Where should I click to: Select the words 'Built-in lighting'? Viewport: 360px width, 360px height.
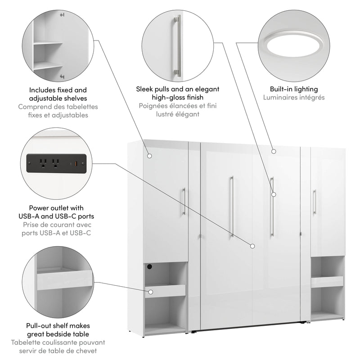click(x=293, y=89)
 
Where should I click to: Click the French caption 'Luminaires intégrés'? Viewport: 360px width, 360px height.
click(x=293, y=97)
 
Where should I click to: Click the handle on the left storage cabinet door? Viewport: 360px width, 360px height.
click(x=184, y=201)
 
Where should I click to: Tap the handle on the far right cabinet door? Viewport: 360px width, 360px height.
click(x=314, y=202)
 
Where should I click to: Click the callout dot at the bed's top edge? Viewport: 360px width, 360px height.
click(x=273, y=151)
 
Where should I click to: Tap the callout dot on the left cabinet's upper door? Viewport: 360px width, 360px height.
click(x=150, y=156)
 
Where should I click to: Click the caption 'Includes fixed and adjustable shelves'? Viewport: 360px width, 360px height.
click(x=58, y=94)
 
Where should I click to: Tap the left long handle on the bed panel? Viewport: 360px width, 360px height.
click(x=232, y=206)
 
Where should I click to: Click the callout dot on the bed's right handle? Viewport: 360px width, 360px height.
click(x=273, y=194)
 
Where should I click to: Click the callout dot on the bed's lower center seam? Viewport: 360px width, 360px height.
click(x=252, y=246)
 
